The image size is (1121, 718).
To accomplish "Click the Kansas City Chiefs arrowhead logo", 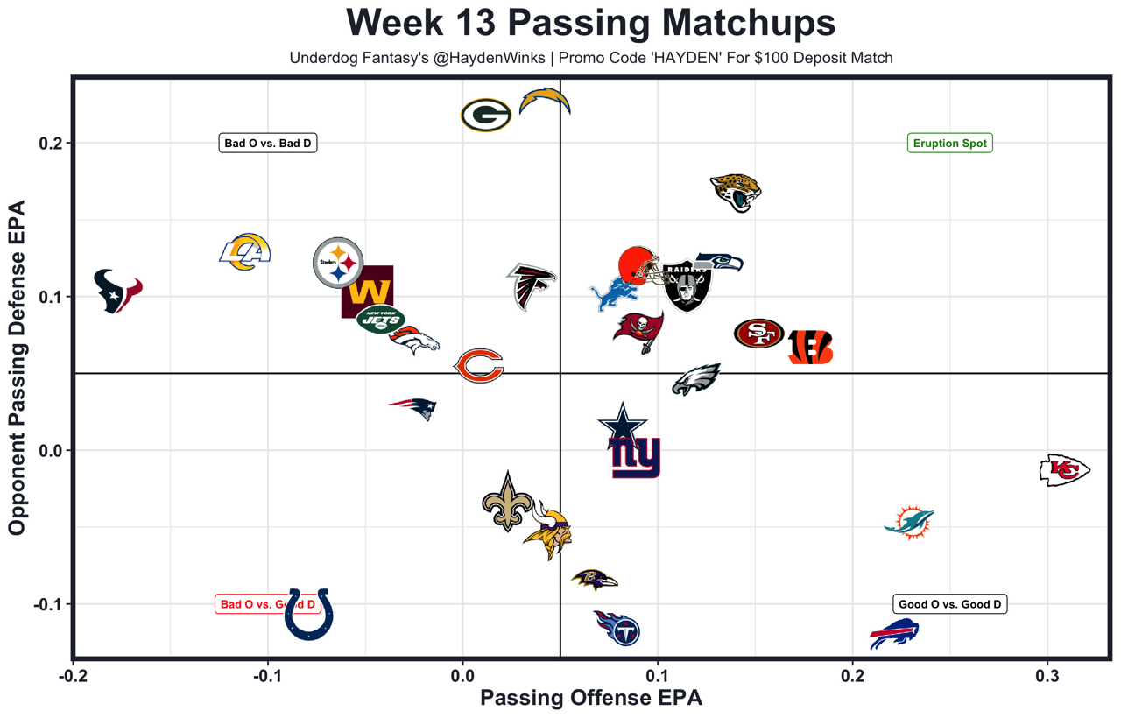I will point(1064,470).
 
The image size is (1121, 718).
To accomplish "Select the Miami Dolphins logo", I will point(910,523).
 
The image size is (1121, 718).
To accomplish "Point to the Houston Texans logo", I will point(117,291).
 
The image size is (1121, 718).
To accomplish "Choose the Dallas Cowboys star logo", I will point(623,423).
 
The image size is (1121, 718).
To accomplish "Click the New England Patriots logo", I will point(413,408).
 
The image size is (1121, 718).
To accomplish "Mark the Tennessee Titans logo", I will point(617,628).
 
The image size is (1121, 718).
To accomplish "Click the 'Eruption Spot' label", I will point(949,144).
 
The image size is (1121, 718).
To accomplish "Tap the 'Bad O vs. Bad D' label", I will point(267,144).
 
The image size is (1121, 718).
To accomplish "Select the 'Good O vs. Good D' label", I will point(949,604).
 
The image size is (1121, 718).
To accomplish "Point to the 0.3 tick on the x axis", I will point(1047,677).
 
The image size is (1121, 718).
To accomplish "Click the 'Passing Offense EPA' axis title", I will point(591,699).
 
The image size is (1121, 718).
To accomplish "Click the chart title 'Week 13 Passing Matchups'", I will point(590,23).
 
